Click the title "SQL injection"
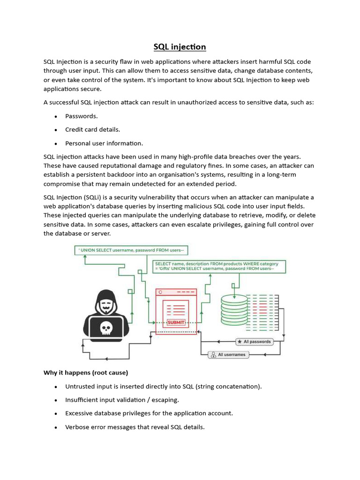coord(180,47)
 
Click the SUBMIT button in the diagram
coord(176,322)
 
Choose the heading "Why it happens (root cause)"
coord(86,373)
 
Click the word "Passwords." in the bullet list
coord(82,116)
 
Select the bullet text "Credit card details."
coord(93,129)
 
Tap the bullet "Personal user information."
coord(104,143)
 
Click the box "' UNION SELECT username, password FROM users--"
coord(134,250)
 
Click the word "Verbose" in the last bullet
coord(78,427)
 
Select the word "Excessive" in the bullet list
coord(80,413)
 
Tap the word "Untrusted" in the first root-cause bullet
coord(81,386)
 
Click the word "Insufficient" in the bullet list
coord(83,400)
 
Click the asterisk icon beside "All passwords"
coord(240,342)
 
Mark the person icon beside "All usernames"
coord(213,355)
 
